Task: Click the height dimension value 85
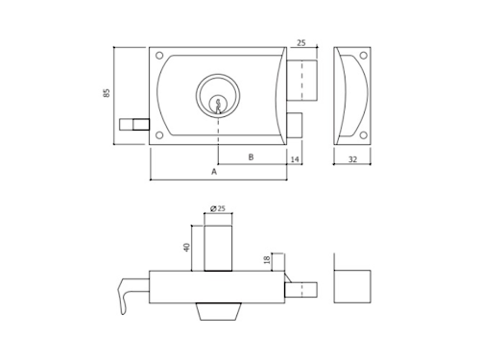[x=107, y=93]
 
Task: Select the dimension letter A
[x=214, y=172]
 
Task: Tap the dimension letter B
[x=252, y=157]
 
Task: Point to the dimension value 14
[x=295, y=159]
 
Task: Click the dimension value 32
[x=352, y=159]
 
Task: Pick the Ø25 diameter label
[x=218, y=208]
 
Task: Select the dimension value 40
[x=187, y=248]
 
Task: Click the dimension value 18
[x=268, y=259]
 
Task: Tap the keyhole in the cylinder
[x=218, y=106]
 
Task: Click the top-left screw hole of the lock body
[x=159, y=56]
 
